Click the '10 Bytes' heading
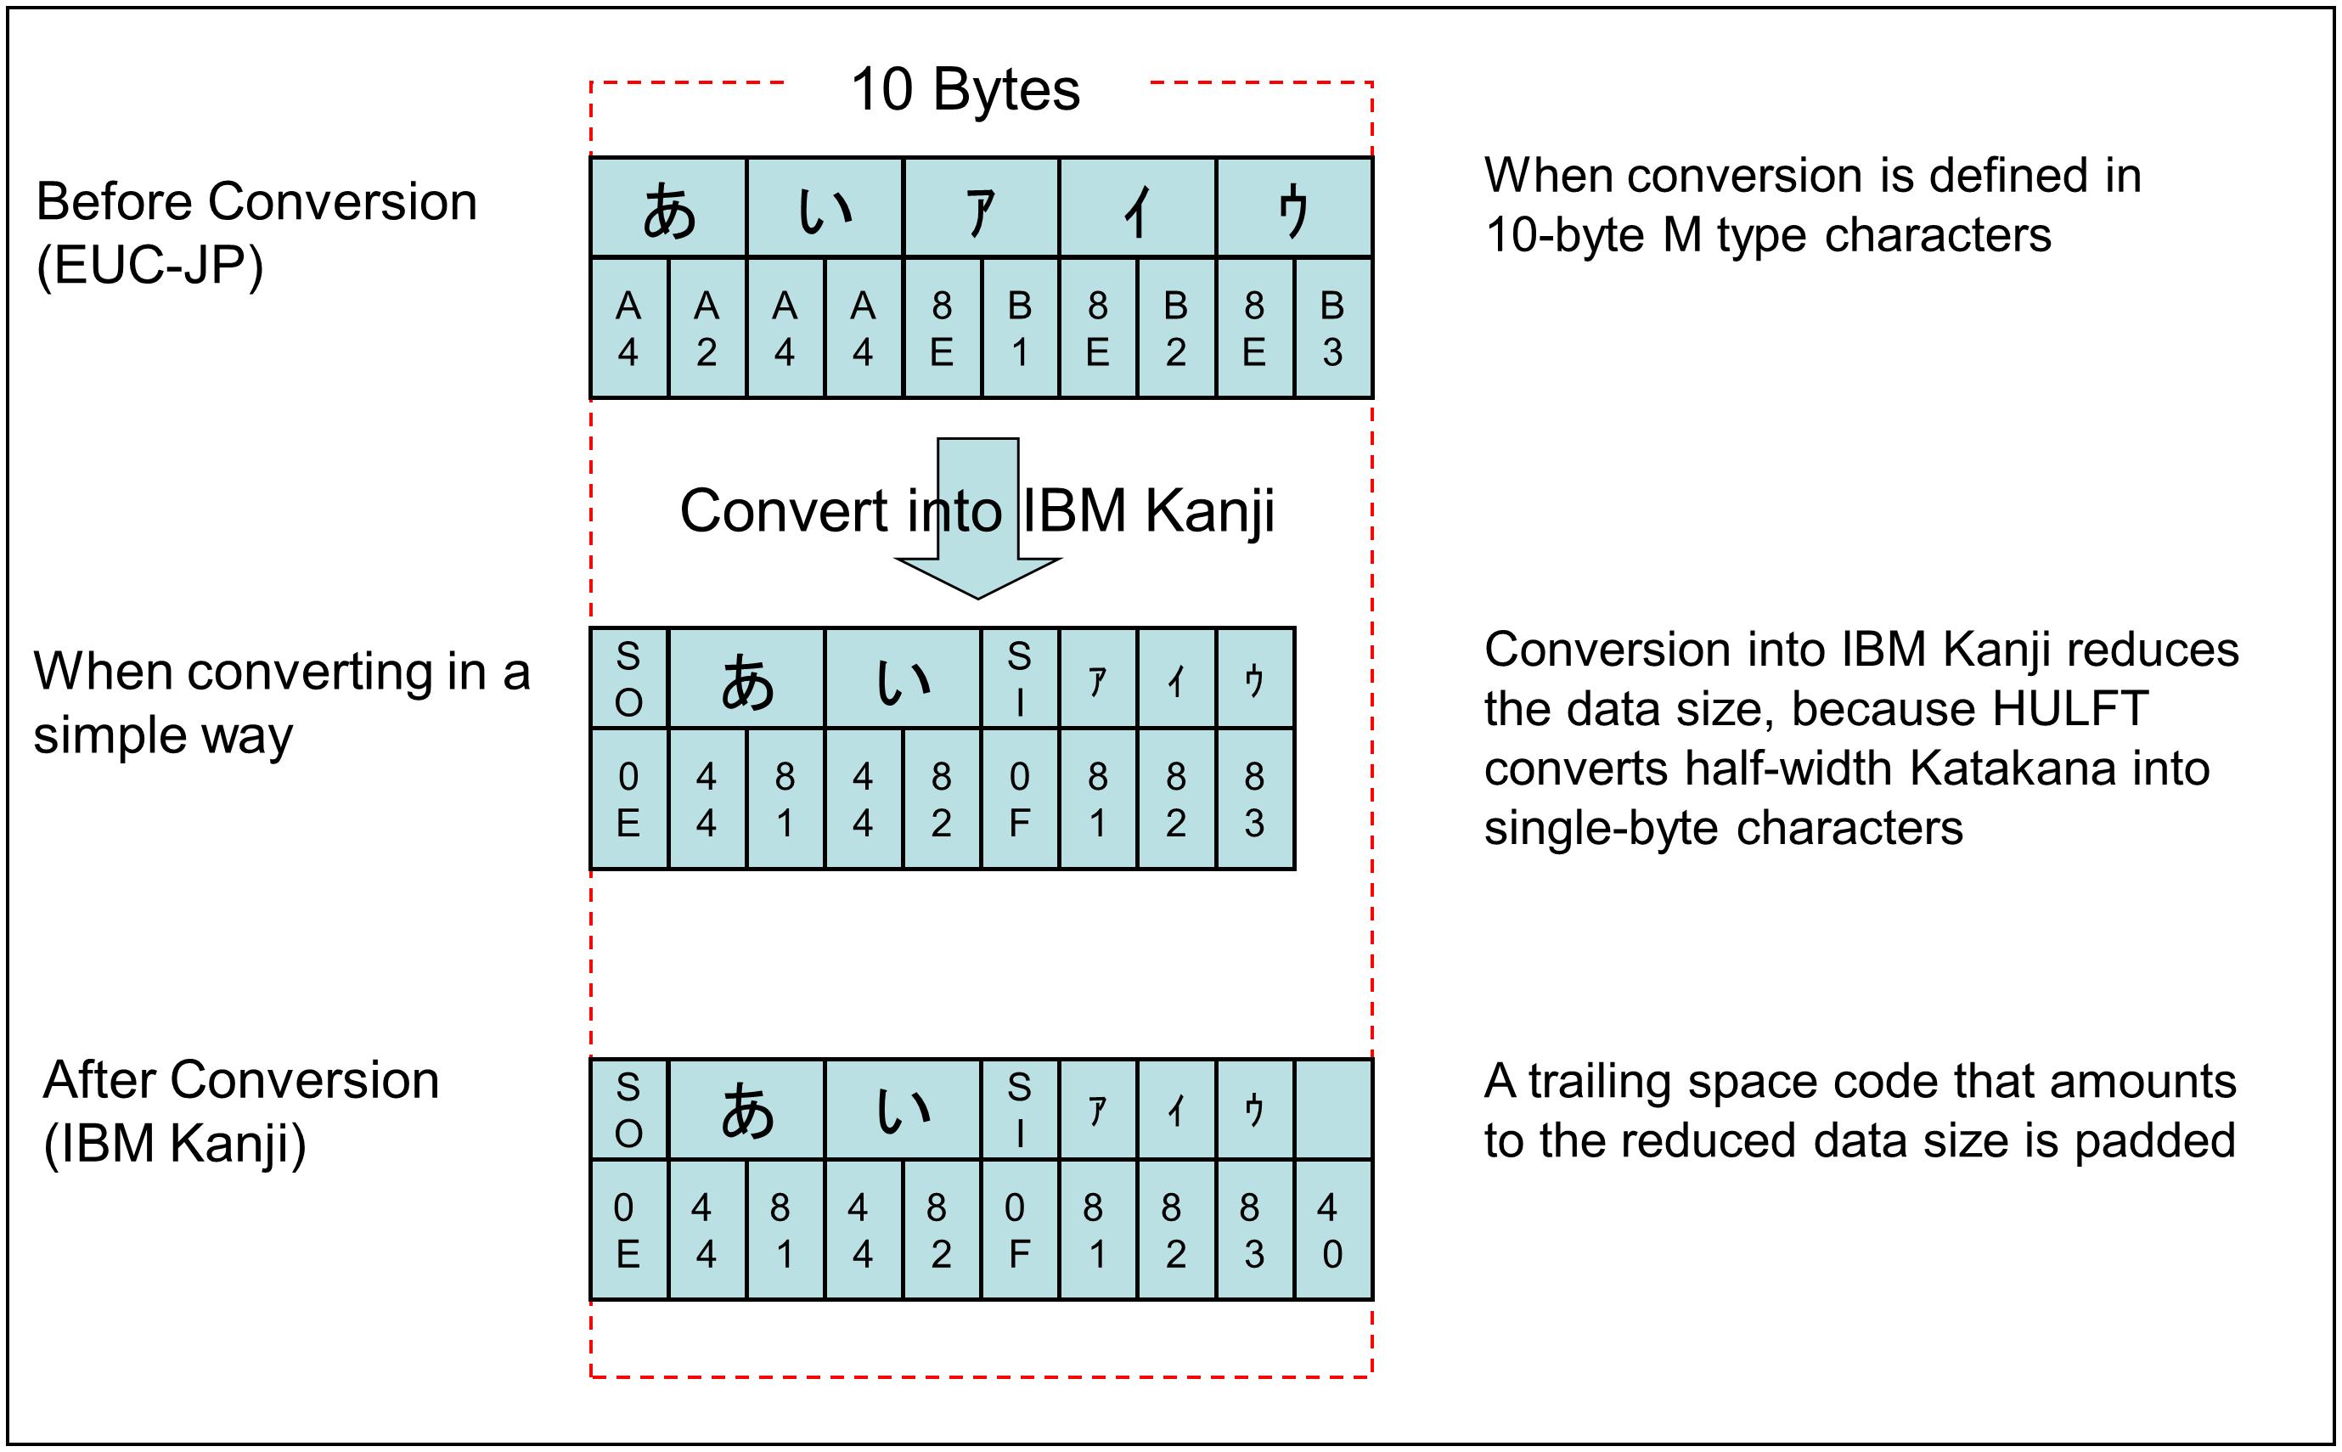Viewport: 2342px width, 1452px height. point(965,90)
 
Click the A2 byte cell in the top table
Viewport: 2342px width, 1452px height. point(707,329)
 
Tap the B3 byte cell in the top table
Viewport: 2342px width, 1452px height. point(1333,329)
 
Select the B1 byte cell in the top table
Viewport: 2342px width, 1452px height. point(1020,329)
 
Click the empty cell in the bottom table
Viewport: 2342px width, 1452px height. point(1333,1110)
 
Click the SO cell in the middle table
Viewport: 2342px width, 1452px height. point(628,679)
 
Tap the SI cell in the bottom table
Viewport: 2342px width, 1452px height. point(1020,1110)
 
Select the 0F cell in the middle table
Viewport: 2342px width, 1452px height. point(1020,799)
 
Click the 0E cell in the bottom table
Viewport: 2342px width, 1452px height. point(628,1230)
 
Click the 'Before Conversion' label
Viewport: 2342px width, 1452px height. point(256,203)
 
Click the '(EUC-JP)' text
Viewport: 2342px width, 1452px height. point(149,266)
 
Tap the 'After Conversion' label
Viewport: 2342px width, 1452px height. point(241,1080)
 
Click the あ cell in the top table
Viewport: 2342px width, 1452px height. point(668,208)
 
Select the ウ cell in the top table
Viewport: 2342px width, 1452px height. point(1293,208)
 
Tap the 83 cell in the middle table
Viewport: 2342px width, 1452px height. point(1254,799)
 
